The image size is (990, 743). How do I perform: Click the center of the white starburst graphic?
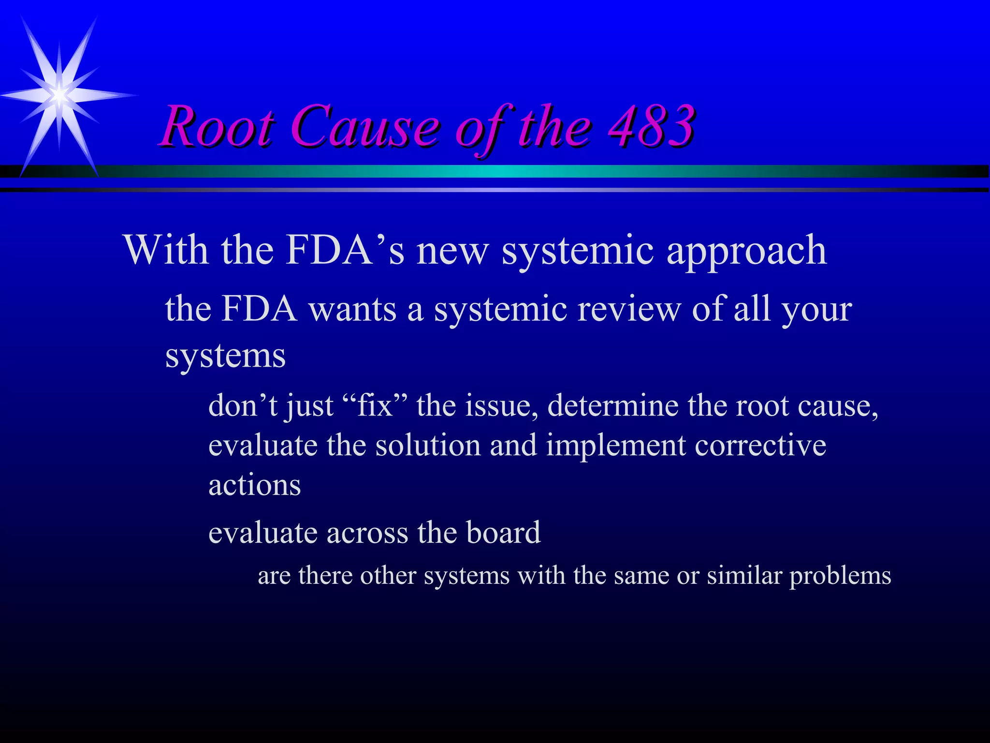tap(59, 95)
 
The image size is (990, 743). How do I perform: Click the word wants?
tap(352, 310)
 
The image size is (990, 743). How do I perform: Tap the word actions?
tap(255, 486)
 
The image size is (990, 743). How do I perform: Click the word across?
tap(367, 533)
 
